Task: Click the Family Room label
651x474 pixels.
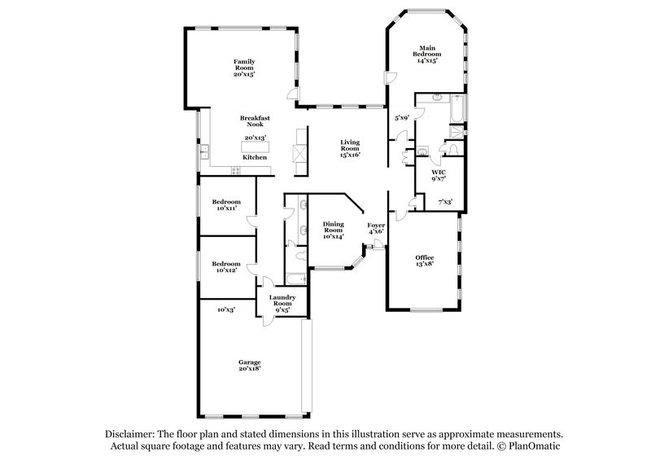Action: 244,68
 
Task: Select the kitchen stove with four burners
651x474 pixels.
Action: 238,171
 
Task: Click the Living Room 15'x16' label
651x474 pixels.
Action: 350,147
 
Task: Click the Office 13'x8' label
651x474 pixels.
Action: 425,261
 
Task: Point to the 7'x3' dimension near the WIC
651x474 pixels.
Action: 446,201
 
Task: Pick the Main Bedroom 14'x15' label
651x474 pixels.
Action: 427,54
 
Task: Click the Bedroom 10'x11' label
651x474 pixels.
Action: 226,205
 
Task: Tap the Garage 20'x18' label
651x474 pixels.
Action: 249,364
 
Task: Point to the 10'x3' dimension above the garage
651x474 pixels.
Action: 226,309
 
